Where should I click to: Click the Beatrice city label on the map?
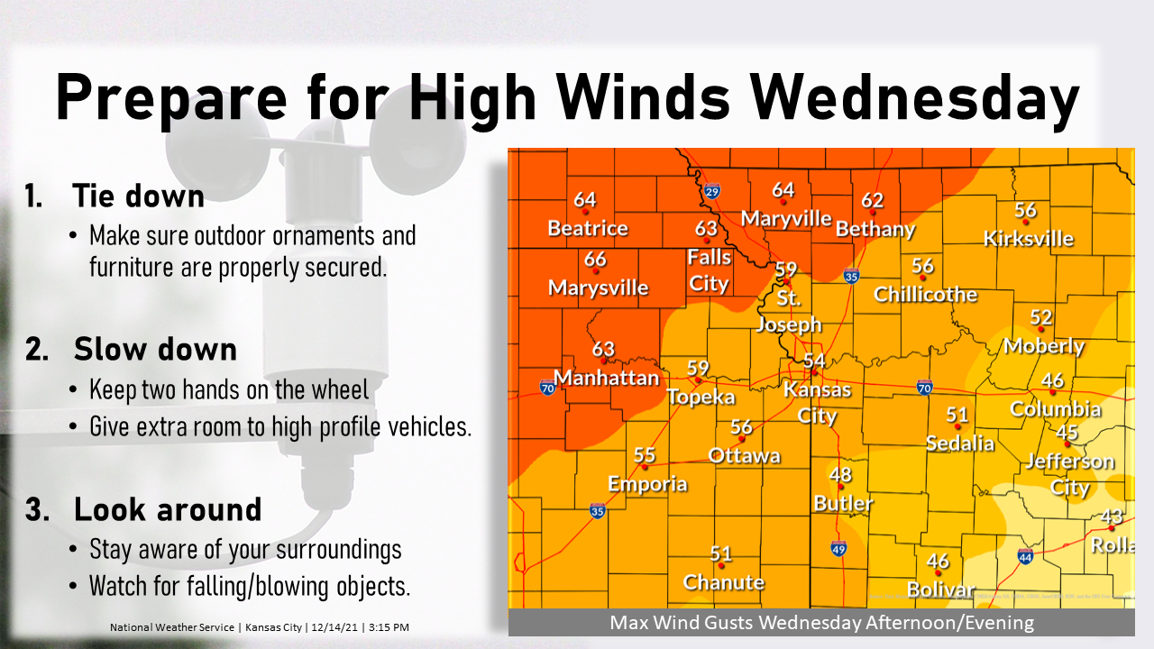(588, 228)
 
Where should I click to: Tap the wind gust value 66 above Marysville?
(595, 260)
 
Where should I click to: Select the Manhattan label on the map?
(607, 377)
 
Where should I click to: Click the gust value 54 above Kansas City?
(814, 361)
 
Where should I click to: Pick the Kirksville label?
(1029, 239)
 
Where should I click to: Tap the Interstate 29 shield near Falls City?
(712, 191)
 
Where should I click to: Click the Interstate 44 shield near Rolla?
(1025, 557)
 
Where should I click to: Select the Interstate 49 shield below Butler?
(838, 548)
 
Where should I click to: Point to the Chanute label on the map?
(724, 582)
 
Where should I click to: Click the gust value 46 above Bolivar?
(938, 562)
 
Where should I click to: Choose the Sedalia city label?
(960, 443)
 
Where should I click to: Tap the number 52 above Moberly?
(1041, 317)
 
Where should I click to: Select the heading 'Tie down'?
(139, 196)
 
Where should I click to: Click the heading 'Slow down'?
(155, 349)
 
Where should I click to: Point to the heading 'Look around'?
(168, 509)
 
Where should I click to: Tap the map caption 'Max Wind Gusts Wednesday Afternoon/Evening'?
(820, 622)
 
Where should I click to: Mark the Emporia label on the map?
(647, 484)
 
